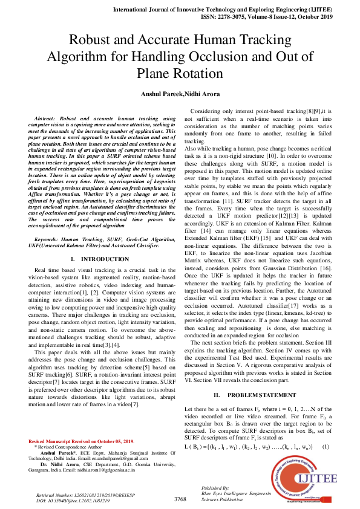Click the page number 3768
180,499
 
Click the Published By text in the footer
214,487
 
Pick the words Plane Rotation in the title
180,74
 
